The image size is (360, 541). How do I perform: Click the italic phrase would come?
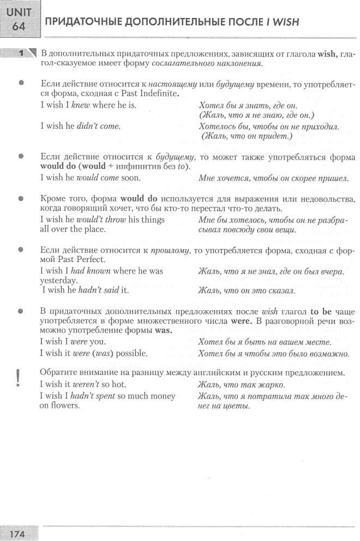94,178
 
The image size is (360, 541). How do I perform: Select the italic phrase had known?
91,271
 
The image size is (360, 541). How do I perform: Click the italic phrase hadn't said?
99,290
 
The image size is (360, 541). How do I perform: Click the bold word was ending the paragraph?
163,331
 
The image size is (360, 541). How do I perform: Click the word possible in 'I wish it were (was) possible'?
129,353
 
